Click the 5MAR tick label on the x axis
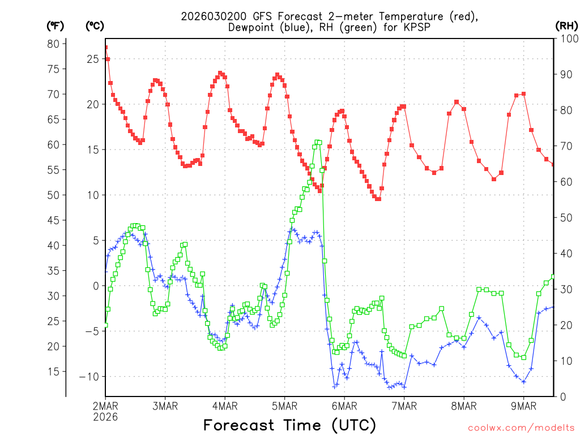click(x=284, y=406)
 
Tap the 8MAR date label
click(x=464, y=406)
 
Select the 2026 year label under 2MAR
click(x=105, y=416)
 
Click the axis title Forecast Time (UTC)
click(x=289, y=425)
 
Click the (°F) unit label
click(x=56, y=25)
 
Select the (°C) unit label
click(x=95, y=25)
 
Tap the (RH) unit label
click(x=566, y=25)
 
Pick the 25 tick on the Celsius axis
click(x=92, y=59)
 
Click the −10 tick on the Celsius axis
click(x=89, y=376)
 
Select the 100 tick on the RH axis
click(x=566, y=39)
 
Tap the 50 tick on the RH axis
click(x=564, y=217)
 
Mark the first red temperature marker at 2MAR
click(x=105, y=48)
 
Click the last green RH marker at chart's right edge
click(x=553, y=277)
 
